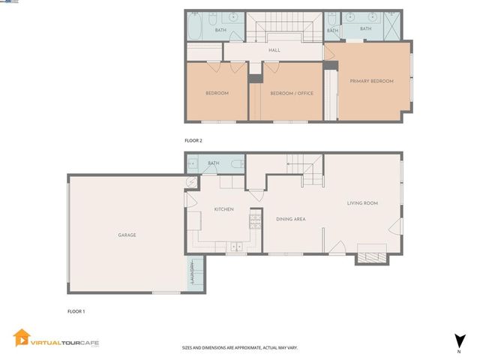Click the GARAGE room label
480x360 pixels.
(127, 235)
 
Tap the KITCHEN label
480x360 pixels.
(226, 209)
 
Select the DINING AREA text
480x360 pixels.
(290, 219)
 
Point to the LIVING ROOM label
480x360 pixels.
(361, 202)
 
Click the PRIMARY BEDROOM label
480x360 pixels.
(371, 81)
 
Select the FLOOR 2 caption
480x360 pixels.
(193, 140)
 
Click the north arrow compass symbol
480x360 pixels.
(458, 340)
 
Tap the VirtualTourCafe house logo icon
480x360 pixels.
(22, 339)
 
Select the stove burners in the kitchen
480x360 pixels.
(254, 218)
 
